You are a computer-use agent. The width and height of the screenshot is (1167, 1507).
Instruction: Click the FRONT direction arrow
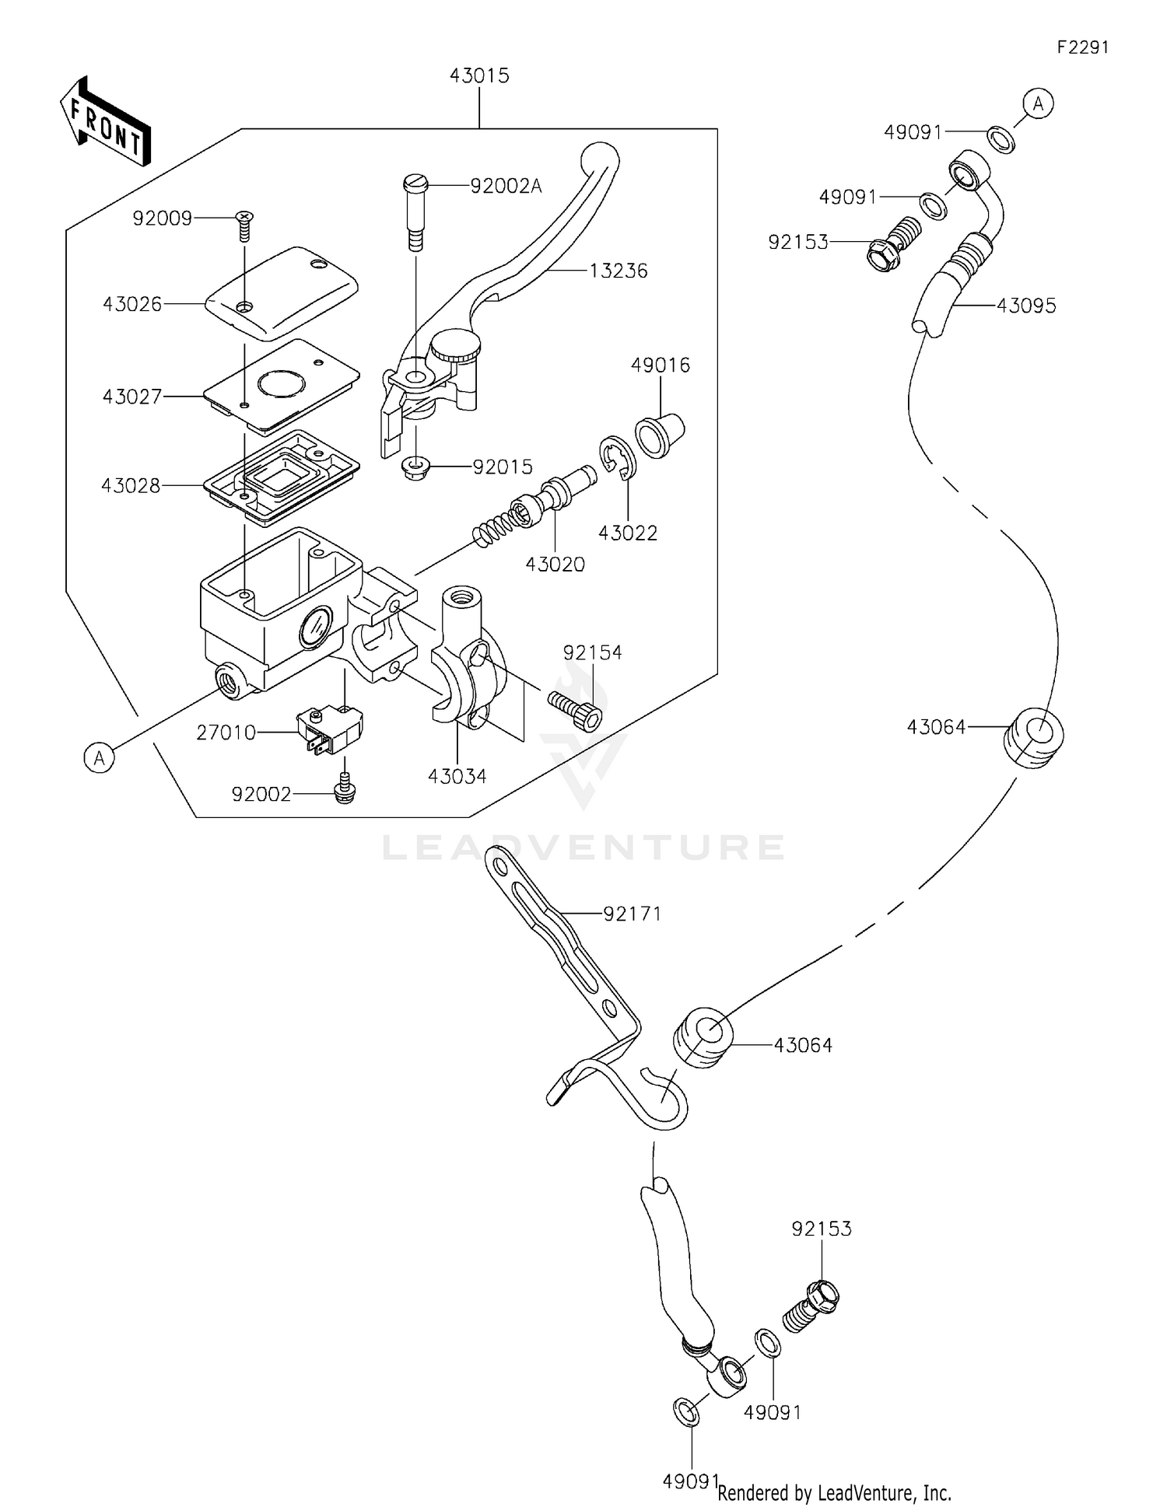pyautogui.click(x=105, y=122)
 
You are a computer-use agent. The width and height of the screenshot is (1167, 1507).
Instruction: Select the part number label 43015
pyautogui.click(x=479, y=75)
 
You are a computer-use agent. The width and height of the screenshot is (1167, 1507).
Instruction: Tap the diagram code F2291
pyautogui.click(x=1082, y=47)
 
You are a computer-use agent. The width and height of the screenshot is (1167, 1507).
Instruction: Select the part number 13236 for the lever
pyautogui.click(x=619, y=271)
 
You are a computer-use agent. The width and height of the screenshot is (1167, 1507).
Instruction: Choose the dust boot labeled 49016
pyautogui.click(x=660, y=435)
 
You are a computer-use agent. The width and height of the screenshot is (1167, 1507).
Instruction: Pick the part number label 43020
pyautogui.click(x=555, y=565)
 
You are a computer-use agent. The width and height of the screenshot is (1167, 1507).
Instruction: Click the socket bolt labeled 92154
pyautogui.click(x=576, y=710)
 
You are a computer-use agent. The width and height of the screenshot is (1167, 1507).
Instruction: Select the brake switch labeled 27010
pyautogui.click(x=330, y=729)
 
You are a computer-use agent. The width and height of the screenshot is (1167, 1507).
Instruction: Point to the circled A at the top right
pyautogui.click(x=1038, y=103)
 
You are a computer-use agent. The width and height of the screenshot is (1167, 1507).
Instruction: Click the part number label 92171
pyautogui.click(x=632, y=914)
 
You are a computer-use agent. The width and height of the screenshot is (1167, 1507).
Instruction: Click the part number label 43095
pyautogui.click(x=1026, y=306)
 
